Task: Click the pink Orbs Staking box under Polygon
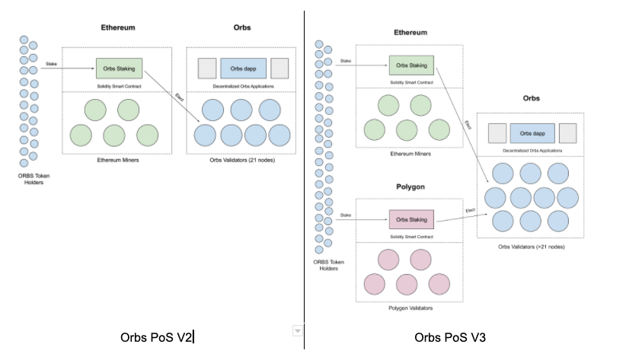(x=411, y=219)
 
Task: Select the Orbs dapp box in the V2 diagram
(x=243, y=68)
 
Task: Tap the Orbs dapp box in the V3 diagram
(x=532, y=133)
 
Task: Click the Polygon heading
(x=410, y=186)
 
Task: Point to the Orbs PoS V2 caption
(x=156, y=337)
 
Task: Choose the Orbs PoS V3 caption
(x=450, y=337)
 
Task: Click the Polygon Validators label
(x=410, y=308)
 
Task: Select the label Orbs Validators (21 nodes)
(x=242, y=160)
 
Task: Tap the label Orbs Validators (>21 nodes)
(x=532, y=247)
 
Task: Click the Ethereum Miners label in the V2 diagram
(x=118, y=160)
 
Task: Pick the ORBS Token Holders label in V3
(x=328, y=265)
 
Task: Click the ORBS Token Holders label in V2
(x=34, y=179)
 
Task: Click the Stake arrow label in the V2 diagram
(x=51, y=64)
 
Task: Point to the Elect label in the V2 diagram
(x=179, y=97)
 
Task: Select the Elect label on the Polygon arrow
(x=471, y=210)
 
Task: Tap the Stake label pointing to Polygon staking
(x=346, y=215)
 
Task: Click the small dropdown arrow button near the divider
(x=298, y=331)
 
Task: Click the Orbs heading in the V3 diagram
(x=532, y=98)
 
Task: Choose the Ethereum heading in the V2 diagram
(x=118, y=27)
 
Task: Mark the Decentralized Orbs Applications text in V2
(x=243, y=86)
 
